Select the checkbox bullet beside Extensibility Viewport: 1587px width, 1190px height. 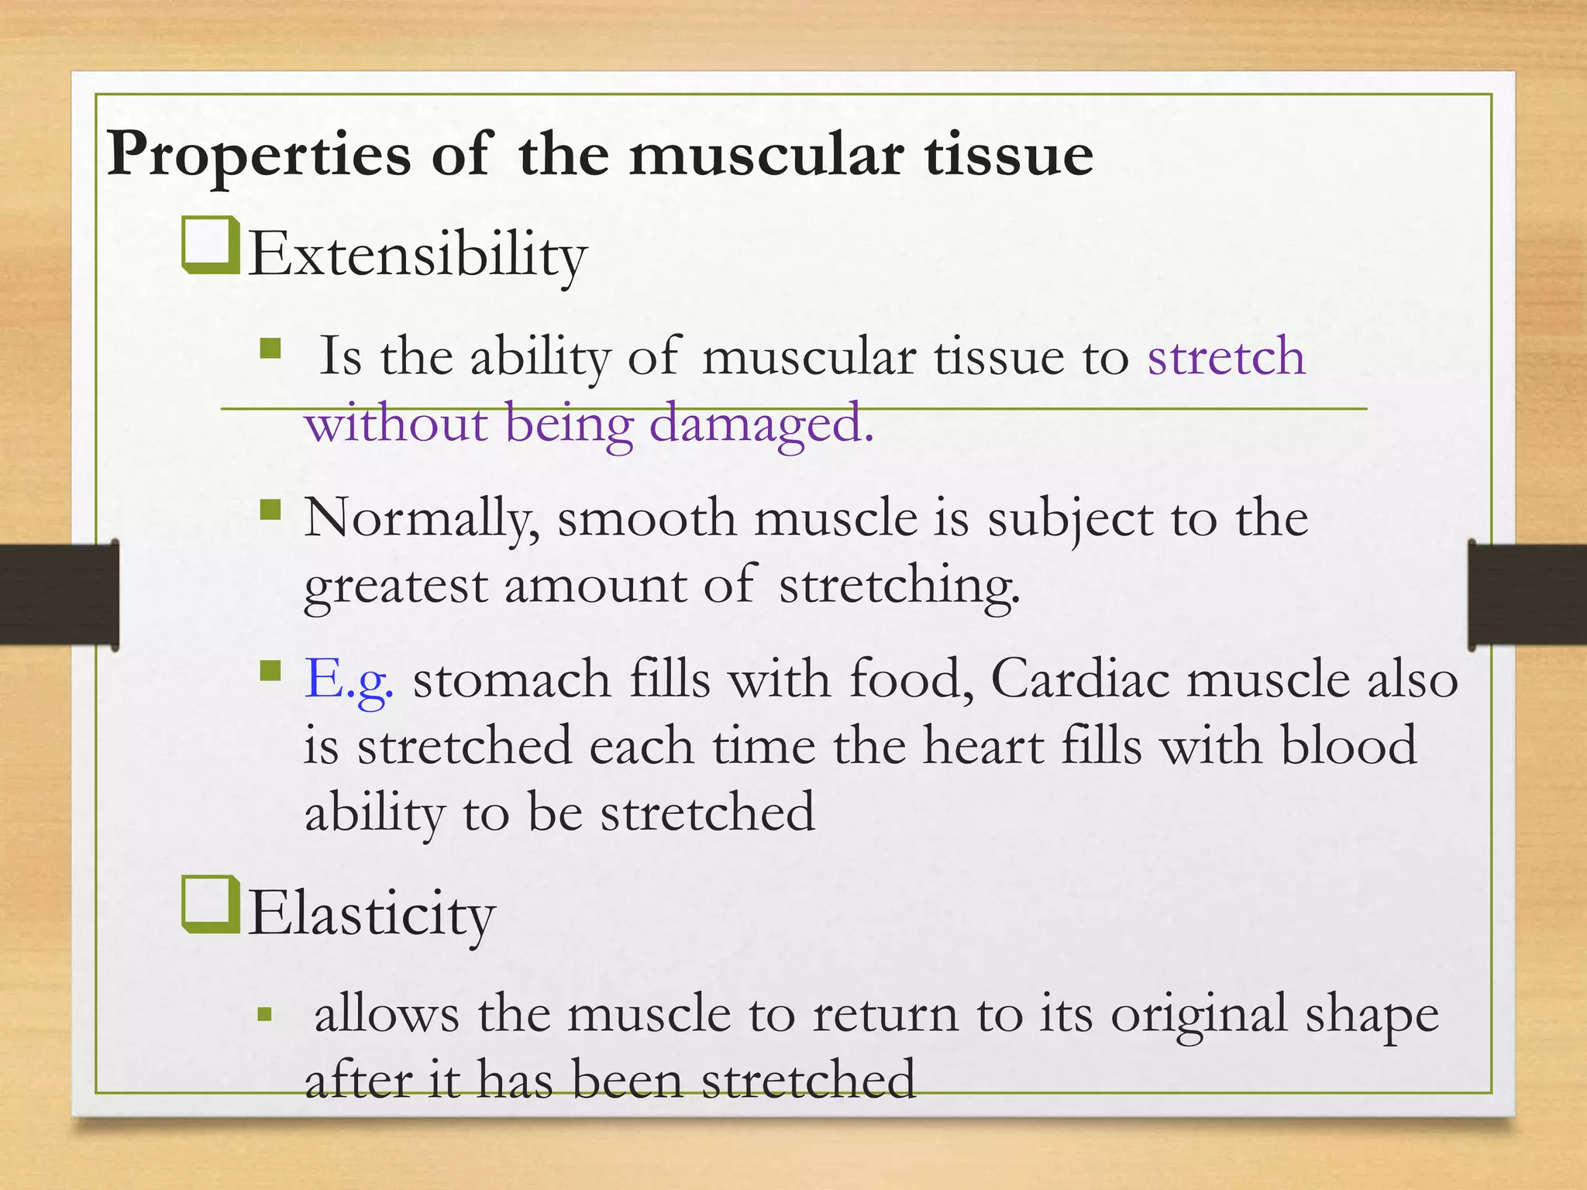210,246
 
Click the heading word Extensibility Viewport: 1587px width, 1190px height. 418,256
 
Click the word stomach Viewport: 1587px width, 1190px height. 511,679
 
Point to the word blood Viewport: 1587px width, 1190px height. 1348,746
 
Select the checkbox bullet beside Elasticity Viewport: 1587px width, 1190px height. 210,904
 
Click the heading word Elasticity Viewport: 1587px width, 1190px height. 371,915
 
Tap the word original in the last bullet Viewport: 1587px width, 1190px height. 1198,1015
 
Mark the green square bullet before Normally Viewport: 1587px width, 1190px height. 270,509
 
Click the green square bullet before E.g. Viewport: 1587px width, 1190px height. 270,669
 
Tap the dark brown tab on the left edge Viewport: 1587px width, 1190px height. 58,595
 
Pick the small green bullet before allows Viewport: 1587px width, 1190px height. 265,1014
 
